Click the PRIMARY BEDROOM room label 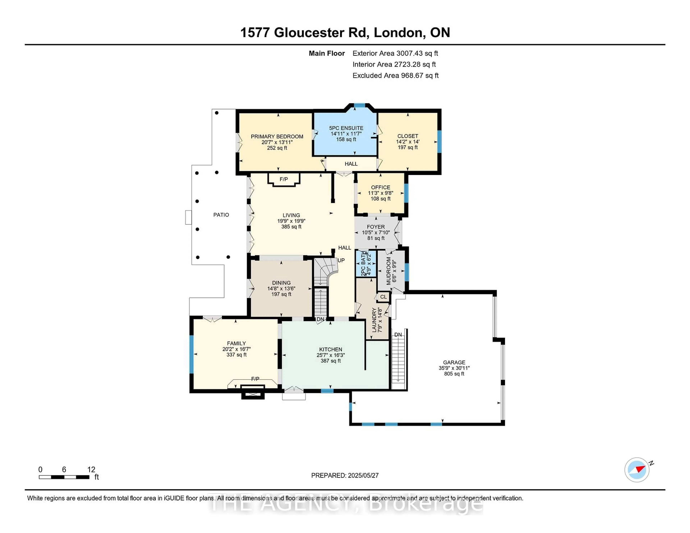(x=277, y=136)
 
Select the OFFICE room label (x=380, y=187)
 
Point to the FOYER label (x=376, y=227)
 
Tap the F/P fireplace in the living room (x=283, y=179)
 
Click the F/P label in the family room (x=255, y=379)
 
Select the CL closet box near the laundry (x=383, y=297)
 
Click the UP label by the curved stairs (x=341, y=260)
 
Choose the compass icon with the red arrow (x=637, y=470)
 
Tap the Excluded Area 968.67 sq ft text (x=395, y=75)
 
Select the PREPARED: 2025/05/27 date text (x=345, y=475)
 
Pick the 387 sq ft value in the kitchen (x=330, y=361)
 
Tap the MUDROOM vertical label (x=389, y=271)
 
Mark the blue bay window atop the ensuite (x=359, y=105)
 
